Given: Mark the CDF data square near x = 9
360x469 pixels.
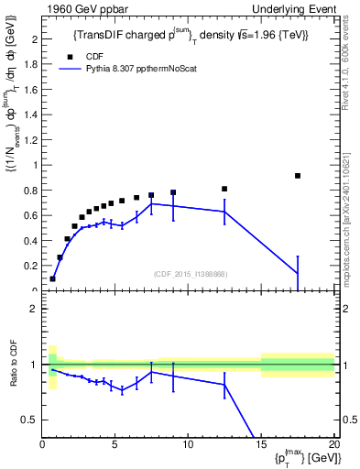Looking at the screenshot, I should tap(173, 192).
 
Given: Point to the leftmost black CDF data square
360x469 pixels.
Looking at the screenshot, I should tap(53, 278).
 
